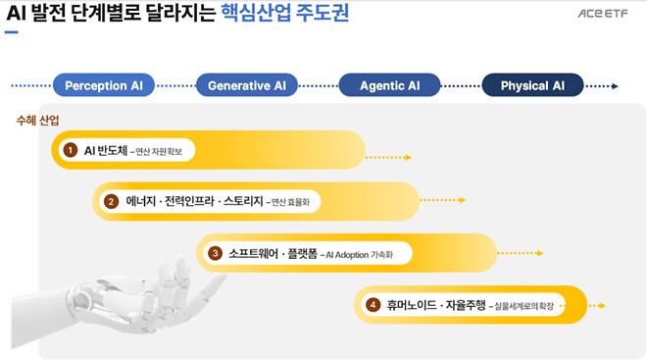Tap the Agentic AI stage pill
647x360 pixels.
(389, 85)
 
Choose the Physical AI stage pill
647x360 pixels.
(532, 85)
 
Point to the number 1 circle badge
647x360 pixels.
(70, 150)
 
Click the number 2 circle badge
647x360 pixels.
(111, 201)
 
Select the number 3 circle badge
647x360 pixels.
(215, 253)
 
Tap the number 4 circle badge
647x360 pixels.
(373, 305)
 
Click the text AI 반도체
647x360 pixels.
(105, 150)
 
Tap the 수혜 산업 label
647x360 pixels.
(37, 121)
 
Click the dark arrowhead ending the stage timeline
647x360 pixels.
(615, 85)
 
